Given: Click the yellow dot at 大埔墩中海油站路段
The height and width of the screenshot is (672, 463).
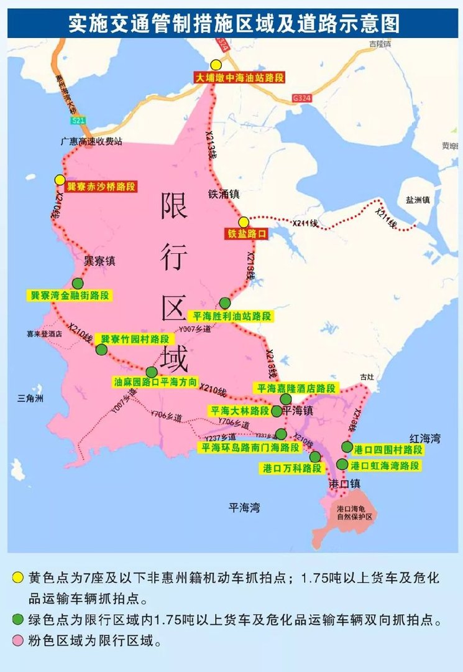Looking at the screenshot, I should pyautogui.click(x=216, y=65).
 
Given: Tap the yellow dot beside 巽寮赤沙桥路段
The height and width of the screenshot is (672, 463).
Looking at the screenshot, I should pyautogui.click(x=60, y=180).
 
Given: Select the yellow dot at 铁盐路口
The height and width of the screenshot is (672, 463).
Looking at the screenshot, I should pyautogui.click(x=244, y=222).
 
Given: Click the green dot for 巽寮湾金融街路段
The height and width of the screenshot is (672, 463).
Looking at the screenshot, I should pyautogui.click(x=77, y=283).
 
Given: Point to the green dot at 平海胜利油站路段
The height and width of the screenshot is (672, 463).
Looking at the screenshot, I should pyautogui.click(x=225, y=303).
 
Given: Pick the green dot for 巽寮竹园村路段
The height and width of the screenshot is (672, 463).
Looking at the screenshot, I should pyautogui.click(x=101, y=350).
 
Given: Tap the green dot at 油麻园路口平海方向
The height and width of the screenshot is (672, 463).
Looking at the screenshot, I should pyautogui.click(x=152, y=372).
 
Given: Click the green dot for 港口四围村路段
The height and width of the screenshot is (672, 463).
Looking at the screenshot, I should pyautogui.click(x=347, y=447).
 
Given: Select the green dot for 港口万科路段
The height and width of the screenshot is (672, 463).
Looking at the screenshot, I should pyautogui.click(x=315, y=457).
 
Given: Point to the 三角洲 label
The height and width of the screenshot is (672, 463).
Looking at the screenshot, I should pyautogui.click(x=30, y=398).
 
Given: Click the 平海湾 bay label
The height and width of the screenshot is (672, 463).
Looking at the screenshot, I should pyautogui.click(x=244, y=508).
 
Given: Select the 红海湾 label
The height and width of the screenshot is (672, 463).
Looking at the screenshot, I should pyautogui.click(x=424, y=439).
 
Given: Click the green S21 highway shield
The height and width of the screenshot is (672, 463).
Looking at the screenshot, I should pyautogui.click(x=78, y=120).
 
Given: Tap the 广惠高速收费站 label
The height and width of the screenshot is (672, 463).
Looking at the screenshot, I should pyautogui.click(x=91, y=141).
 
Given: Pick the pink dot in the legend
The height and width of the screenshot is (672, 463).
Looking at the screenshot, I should pyautogui.click(x=18, y=642).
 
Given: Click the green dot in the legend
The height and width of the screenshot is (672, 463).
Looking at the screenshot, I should pyautogui.click(x=18, y=620).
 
